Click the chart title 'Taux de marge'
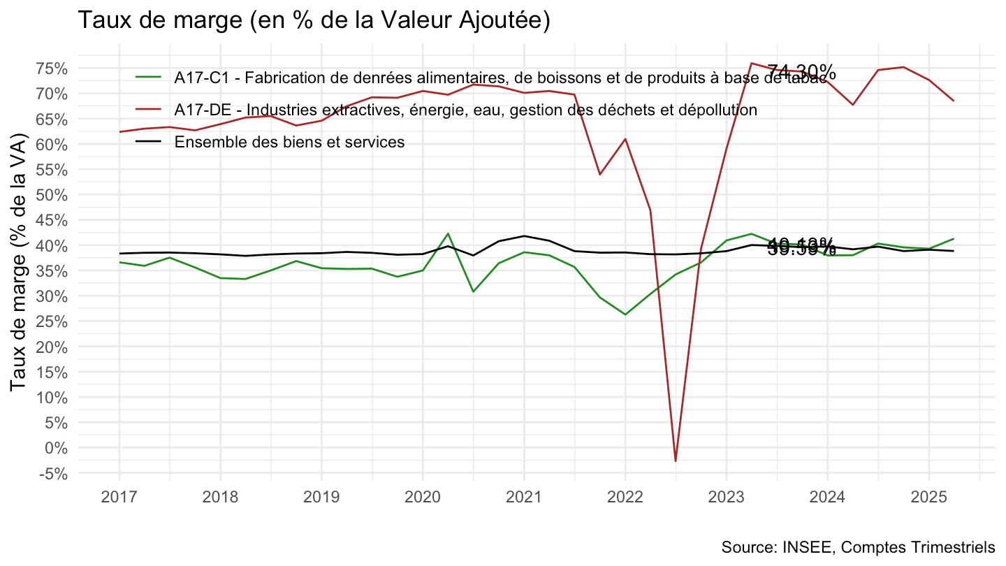coord(314,20)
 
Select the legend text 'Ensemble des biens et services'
coord(289,142)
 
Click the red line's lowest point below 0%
coord(676,461)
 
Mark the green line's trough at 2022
coord(625,314)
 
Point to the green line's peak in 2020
coord(448,233)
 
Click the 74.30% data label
coord(801,72)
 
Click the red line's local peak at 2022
coord(625,138)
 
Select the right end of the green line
coord(954,239)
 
